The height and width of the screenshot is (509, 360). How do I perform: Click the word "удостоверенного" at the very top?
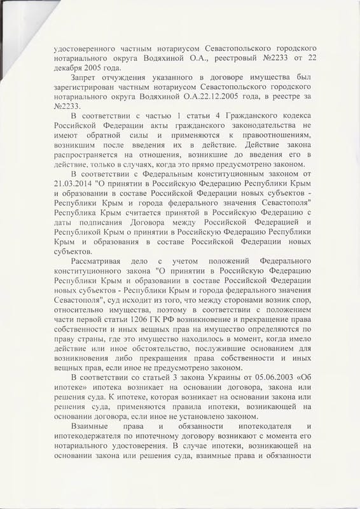tap(83, 47)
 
